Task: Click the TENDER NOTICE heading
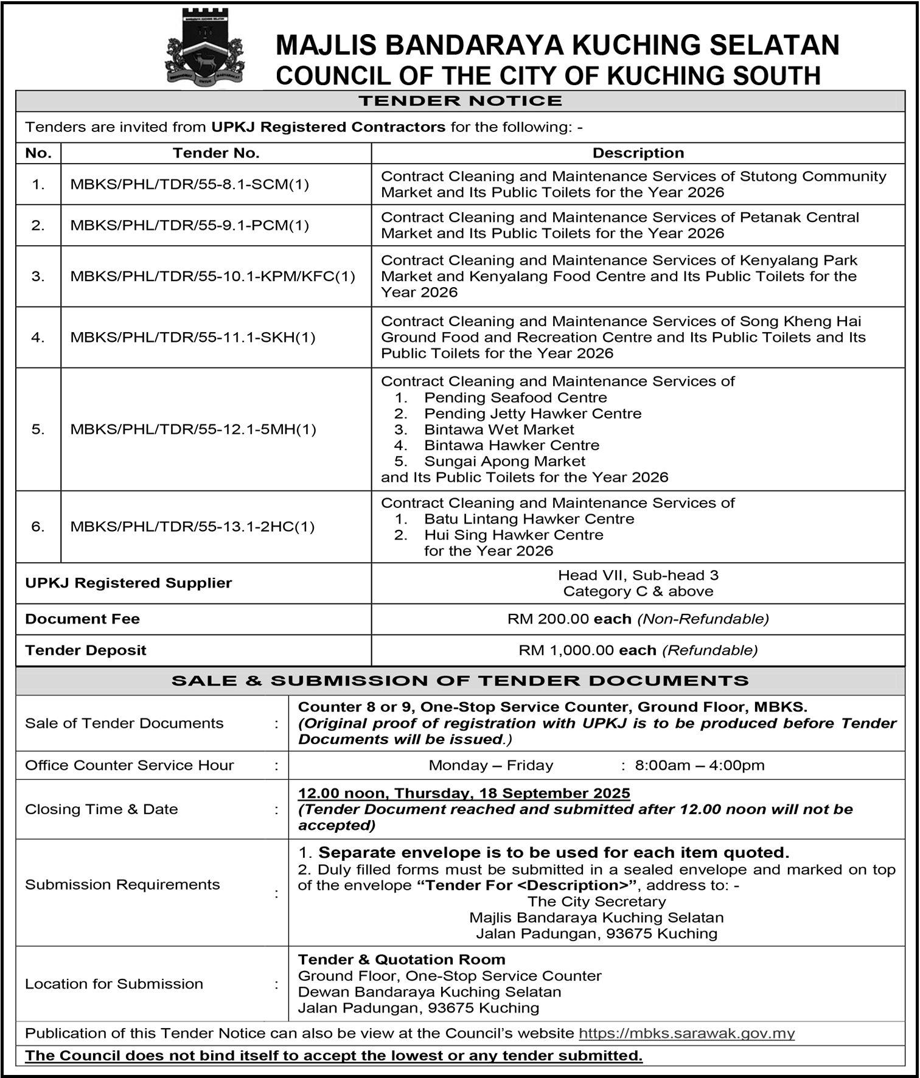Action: coord(460,101)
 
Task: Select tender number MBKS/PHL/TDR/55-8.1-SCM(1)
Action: coord(190,184)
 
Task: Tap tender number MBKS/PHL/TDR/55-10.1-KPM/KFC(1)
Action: coord(212,276)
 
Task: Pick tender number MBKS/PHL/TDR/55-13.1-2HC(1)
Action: coord(192,526)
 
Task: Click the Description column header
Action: coord(638,153)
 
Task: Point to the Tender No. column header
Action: coord(216,153)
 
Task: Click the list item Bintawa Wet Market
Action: coord(499,429)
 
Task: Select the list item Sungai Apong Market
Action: coord(504,461)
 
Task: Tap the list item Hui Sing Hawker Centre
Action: coord(514,535)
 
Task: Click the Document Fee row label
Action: coord(82,619)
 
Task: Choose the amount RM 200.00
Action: coord(548,619)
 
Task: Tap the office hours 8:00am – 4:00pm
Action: coord(699,765)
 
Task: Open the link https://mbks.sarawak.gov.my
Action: coord(686,1033)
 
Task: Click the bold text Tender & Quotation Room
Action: coord(402,959)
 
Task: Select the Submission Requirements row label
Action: coord(122,885)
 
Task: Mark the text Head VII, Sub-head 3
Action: coord(638,575)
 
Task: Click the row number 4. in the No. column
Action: coord(38,337)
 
